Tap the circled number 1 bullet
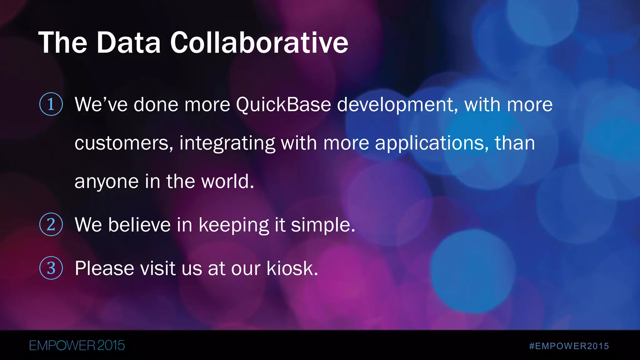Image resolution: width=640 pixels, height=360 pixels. point(51,104)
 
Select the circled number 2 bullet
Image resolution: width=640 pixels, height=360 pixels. point(51,224)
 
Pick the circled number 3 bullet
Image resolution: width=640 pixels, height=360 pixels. point(51,268)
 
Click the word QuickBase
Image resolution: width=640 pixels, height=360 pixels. point(283,104)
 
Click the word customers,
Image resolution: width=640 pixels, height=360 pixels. point(124,143)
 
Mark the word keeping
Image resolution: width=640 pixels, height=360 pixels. point(234,225)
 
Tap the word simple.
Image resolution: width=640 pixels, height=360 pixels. point(323,225)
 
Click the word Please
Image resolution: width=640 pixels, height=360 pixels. point(104,268)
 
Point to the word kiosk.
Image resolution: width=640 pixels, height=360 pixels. point(292,268)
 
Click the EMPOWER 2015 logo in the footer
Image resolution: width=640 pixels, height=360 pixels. point(77,346)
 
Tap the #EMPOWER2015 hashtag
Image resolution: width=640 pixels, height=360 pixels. point(569,346)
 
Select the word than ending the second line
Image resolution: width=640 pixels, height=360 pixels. point(515,143)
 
